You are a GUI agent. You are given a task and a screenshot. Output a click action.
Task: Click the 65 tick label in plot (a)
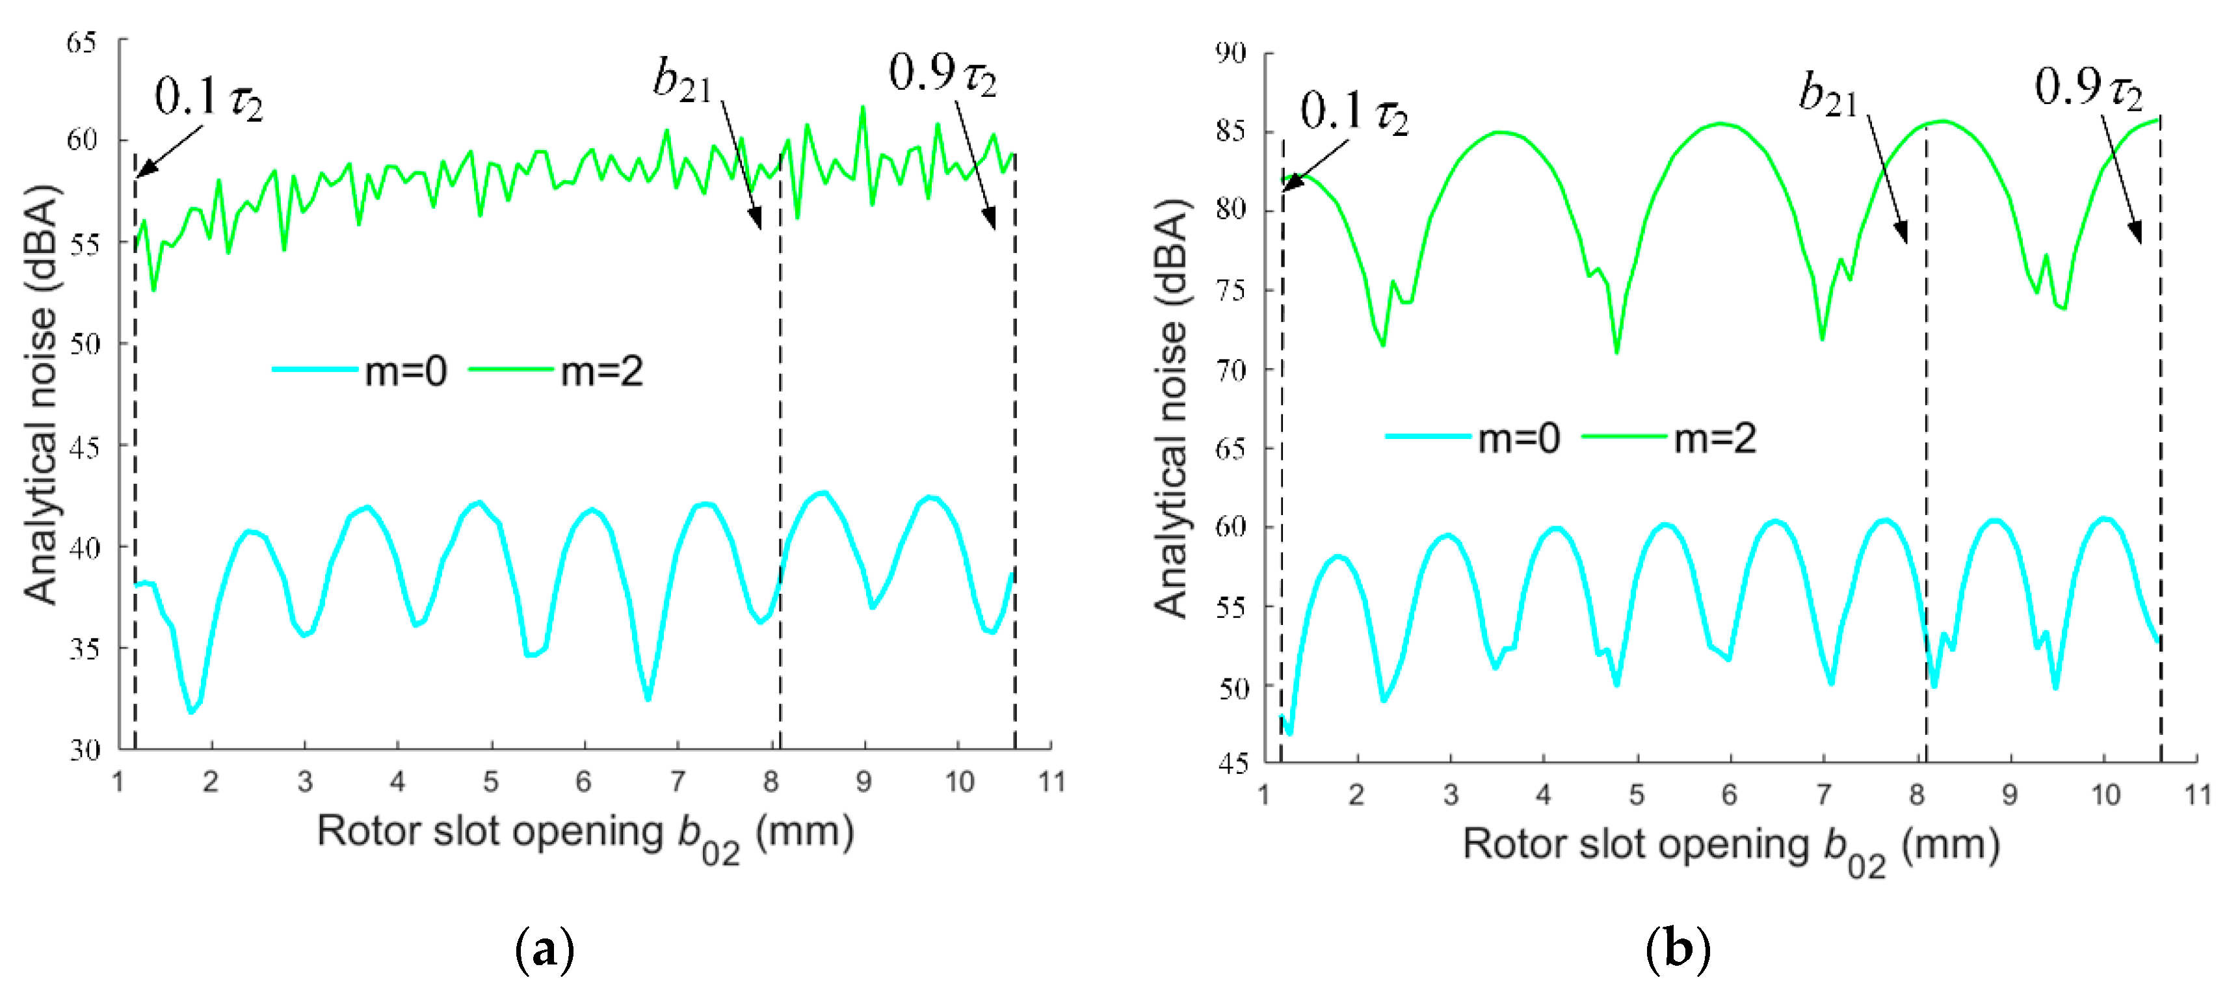pos(81,42)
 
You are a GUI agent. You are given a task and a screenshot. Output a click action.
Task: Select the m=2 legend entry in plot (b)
pos(1669,438)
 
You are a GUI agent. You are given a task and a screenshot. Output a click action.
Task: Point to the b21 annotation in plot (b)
pos(1828,95)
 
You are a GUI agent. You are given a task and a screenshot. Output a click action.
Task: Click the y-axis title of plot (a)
pos(40,394)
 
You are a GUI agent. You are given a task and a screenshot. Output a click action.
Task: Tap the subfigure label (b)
pos(1677,950)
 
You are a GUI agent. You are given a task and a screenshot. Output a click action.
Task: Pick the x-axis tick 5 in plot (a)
pos(490,782)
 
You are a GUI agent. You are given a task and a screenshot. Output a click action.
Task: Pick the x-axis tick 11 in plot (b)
pos(2196,794)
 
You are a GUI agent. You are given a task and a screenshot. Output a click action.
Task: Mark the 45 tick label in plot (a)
pos(84,447)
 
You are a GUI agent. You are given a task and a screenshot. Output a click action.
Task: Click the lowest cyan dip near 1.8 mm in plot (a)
pos(191,711)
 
